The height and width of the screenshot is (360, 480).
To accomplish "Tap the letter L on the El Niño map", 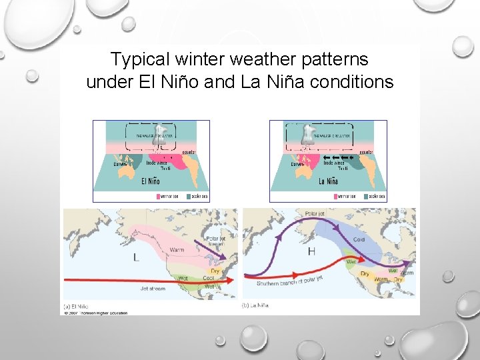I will pyautogui.click(x=136, y=257).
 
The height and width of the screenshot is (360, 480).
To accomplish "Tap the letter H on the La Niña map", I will pyautogui.click(x=311, y=251).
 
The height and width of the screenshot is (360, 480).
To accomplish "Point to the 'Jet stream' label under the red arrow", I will pyautogui.click(x=154, y=289).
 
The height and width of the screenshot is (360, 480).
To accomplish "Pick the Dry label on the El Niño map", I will pyautogui.click(x=215, y=271).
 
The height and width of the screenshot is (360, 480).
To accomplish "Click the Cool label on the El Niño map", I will pyautogui.click(x=208, y=278).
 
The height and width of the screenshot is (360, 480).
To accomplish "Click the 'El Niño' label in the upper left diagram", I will pyautogui.click(x=151, y=181).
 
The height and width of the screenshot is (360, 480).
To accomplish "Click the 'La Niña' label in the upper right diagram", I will pyautogui.click(x=328, y=181).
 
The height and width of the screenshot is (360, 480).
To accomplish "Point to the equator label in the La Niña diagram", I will pyautogui.click(x=366, y=152).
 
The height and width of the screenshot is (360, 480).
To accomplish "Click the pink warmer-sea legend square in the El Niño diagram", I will pyautogui.click(x=159, y=197).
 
